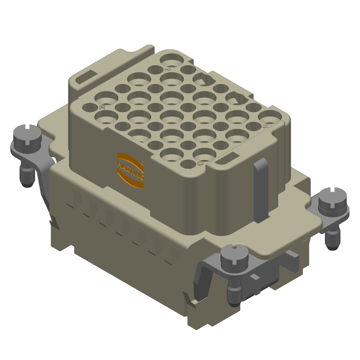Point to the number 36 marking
[x=103, y=107]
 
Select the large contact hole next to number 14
[x=271, y=117]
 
